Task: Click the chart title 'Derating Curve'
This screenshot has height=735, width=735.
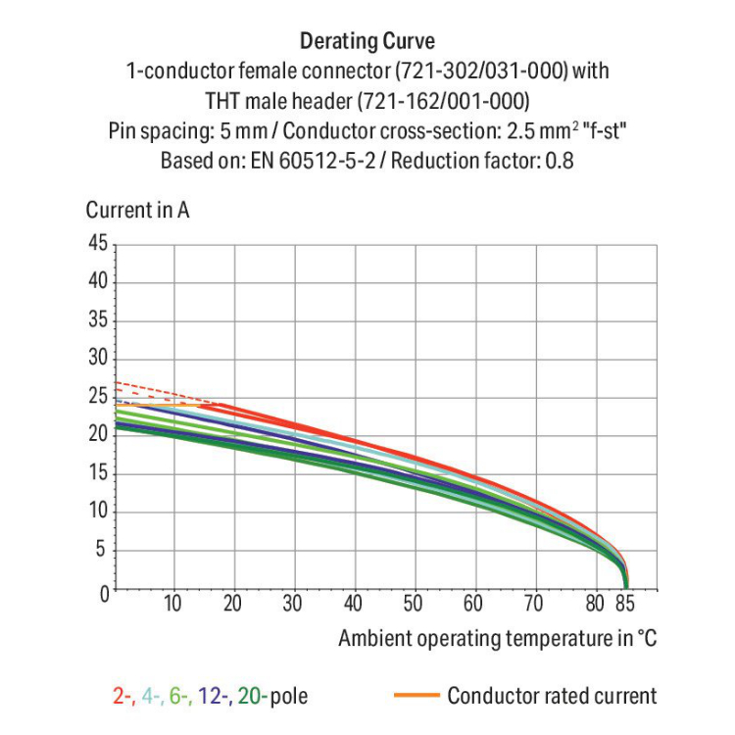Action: (x=367, y=41)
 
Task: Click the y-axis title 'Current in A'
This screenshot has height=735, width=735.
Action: (x=137, y=210)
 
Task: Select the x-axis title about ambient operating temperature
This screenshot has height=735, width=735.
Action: (x=497, y=639)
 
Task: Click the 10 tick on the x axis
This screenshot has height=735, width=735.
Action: (x=172, y=604)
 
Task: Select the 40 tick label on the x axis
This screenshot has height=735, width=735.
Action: (x=354, y=604)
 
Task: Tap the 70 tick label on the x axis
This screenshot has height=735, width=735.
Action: (x=534, y=604)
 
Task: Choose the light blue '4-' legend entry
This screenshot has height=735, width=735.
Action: (x=150, y=697)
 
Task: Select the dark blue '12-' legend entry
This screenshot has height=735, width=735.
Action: (x=212, y=697)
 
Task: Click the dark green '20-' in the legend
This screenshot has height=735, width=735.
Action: (x=249, y=697)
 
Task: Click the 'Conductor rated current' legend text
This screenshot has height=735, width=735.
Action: (x=552, y=697)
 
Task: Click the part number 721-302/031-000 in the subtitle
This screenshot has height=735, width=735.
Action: (x=469, y=72)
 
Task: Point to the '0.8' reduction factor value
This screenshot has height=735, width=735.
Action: (x=559, y=160)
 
